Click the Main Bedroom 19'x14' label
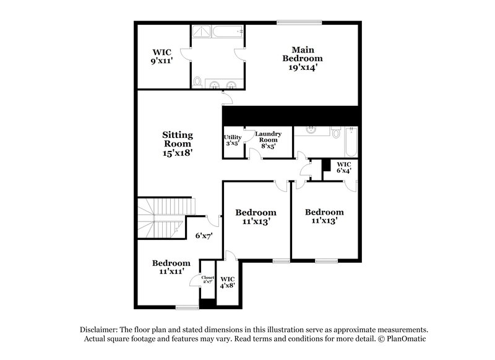coord(303,58)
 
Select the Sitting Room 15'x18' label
coord(178,143)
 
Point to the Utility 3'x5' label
coord(233,140)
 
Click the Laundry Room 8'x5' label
coord(269,140)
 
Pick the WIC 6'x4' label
coord(343,167)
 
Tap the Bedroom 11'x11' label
coord(171,267)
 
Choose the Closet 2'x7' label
coord(207,280)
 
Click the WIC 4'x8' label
coord(227,281)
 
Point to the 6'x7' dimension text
coord(204,236)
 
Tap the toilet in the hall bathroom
coord(335,132)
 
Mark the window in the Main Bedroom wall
coord(299,24)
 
